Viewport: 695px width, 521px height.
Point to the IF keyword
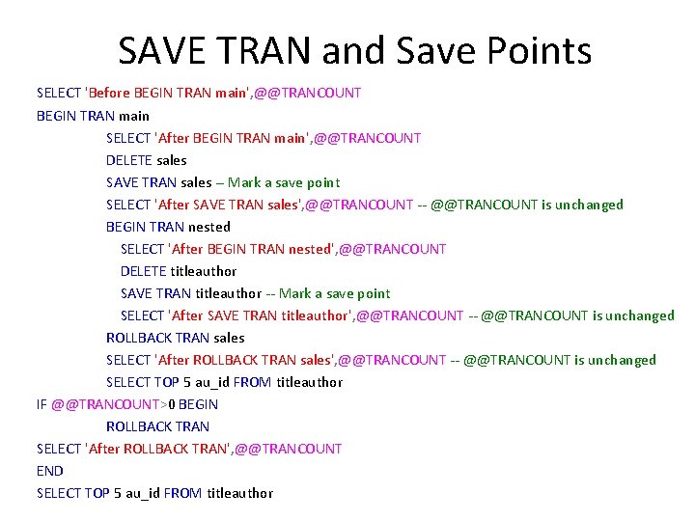pyautogui.click(x=42, y=404)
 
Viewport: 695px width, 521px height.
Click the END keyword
pyautogui.click(x=49, y=471)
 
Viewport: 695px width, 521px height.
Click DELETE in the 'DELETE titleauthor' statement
pyautogui.click(x=143, y=271)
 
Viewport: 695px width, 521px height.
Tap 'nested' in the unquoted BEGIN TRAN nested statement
pyautogui.click(x=209, y=227)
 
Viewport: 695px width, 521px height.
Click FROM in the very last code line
pyautogui.click(x=182, y=493)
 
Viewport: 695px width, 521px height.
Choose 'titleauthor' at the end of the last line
pyautogui.click(x=239, y=493)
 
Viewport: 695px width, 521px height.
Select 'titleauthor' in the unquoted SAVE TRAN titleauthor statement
pyautogui.click(x=228, y=293)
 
